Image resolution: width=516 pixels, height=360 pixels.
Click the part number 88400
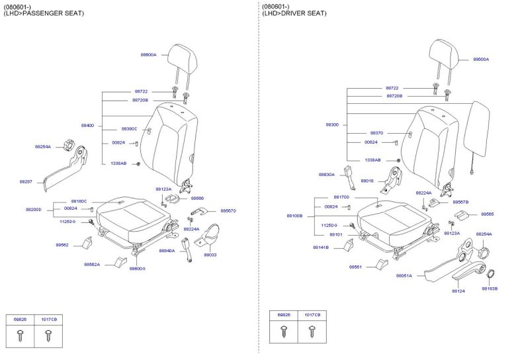pos(87,125)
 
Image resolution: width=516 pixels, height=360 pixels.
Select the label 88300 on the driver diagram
pos(332,124)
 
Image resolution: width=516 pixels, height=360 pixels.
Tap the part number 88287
pos(26,181)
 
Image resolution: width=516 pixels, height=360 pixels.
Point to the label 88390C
pos(129,129)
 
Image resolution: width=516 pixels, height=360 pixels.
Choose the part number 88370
pos(376,133)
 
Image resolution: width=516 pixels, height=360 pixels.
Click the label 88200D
pos(33,209)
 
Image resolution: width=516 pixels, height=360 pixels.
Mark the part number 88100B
pos(294,216)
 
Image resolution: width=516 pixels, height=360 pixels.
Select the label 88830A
pos(327,175)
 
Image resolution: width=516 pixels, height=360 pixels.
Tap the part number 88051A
pos(404,275)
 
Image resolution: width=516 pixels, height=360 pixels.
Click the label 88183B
pos(490,289)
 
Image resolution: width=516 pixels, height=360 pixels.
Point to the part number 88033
pos(210,255)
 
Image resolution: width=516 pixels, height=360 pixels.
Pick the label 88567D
pos(228,210)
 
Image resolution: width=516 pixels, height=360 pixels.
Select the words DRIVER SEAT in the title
pos(303,13)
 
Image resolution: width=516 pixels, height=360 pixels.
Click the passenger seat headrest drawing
pos(179,58)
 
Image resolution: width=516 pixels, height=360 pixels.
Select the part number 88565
pos(487,214)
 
